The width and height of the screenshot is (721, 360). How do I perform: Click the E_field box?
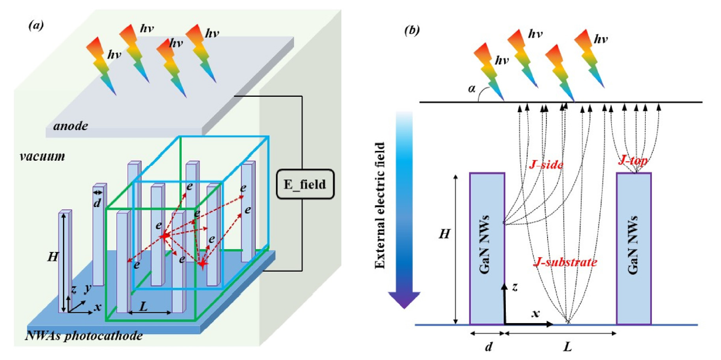pyautogui.click(x=304, y=183)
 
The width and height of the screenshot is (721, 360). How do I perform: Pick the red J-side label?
pyautogui.click(x=546, y=165)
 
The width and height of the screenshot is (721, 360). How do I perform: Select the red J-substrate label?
pyautogui.click(x=564, y=263)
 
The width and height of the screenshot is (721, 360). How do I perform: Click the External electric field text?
pyautogui.click(x=380, y=205)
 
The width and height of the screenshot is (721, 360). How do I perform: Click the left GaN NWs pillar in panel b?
pyautogui.click(x=487, y=248)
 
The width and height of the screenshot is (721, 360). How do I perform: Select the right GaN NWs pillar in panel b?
pyautogui.click(x=634, y=248)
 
